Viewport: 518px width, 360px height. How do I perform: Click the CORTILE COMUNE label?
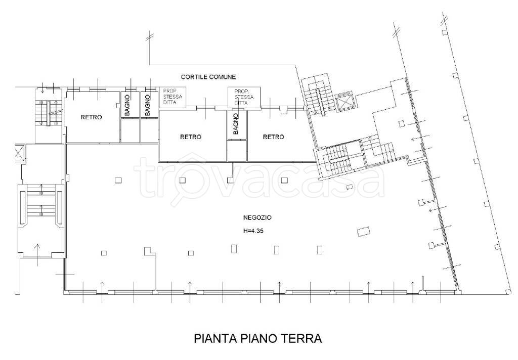(x=208, y=77)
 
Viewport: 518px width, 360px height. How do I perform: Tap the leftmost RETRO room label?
(x=91, y=117)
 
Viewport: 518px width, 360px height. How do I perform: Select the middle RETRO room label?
(x=191, y=137)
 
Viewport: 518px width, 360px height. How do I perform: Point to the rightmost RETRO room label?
(x=273, y=137)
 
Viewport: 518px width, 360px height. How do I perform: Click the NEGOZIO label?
(x=257, y=218)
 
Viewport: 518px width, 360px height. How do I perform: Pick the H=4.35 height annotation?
(x=254, y=232)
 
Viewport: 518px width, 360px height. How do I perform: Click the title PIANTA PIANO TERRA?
(x=257, y=338)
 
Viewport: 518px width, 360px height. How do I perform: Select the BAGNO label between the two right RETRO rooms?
(x=236, y=125)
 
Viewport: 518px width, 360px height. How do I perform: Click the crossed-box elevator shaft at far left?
(x=20, y=153)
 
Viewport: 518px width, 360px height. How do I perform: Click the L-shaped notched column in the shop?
(x=149, y=251)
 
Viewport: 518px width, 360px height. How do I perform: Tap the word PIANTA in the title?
(x=215, y=338)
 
